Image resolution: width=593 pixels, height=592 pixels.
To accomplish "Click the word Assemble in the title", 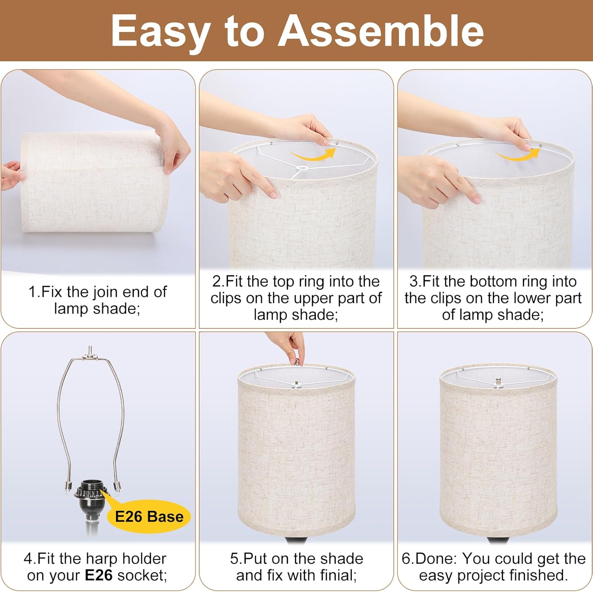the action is coord(381,31).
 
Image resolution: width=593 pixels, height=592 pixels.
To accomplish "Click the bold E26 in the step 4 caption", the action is coord(99,575).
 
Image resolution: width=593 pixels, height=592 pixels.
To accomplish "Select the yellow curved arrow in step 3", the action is coord(517,155).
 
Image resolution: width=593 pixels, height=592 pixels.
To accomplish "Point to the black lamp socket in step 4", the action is coord(90,502).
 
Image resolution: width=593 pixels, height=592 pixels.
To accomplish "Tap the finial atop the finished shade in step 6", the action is coord(499,383).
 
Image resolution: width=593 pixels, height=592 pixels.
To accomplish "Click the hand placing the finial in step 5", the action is coord(289,344).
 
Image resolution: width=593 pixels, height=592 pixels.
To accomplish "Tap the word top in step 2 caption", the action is coord(284,282).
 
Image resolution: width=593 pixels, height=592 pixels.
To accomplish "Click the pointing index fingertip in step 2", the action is coord(272,193).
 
